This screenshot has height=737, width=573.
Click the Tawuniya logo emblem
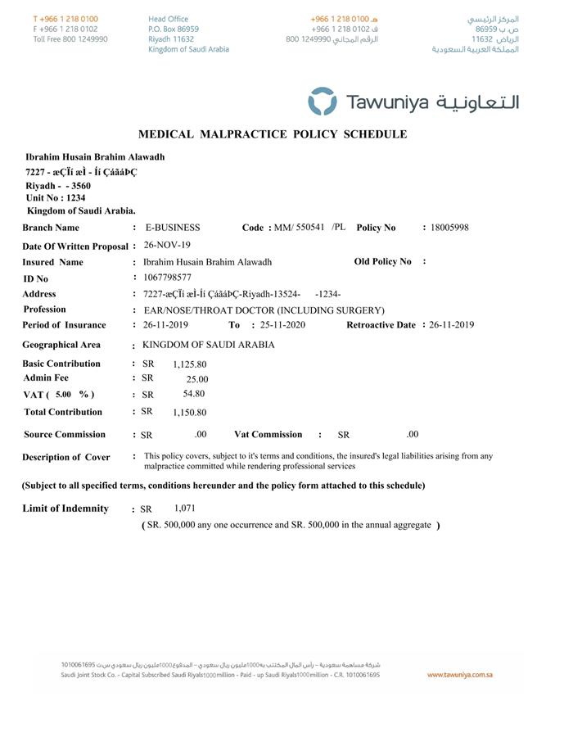[322, 102]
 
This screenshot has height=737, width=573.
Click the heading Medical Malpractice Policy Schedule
[272, 134]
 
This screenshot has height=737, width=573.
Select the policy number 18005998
[449, 228]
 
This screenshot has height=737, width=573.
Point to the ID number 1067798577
[168, 278]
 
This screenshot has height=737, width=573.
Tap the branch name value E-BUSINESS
[172, 228]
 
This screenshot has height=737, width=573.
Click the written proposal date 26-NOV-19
[167, 245]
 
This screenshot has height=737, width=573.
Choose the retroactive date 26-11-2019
[452, 325]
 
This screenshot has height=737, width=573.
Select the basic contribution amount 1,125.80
[190, 364]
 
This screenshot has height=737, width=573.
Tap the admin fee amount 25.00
[197, 379]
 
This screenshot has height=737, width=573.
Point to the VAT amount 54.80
[194, 394]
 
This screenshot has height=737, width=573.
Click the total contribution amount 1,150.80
[189, 413]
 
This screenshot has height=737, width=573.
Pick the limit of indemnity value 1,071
[185, 509]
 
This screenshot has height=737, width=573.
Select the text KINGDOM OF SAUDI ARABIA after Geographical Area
[209, 345]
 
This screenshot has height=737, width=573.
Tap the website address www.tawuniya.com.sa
[459, 675]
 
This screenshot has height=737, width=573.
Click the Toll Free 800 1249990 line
[70, 38]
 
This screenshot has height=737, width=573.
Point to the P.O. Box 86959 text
[174, 29]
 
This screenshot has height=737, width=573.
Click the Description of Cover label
[66, 457]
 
